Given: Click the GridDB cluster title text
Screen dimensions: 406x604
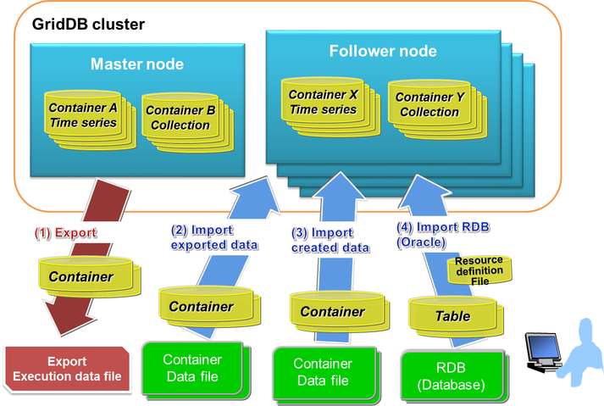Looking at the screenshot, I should pyautogui.click(x=88, y=23).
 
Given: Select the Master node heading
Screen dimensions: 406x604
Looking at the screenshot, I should pyautogui.click(x=136, y=64).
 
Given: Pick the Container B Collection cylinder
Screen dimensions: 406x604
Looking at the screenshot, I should pyautogui.click(x=179, y=118).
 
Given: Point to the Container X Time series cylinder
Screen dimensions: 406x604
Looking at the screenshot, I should pyautogui.click(x=323, y=103).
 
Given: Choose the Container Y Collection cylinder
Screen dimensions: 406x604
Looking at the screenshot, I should pyautogui.click(x=429, y=104).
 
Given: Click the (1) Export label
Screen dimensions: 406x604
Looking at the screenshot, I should pyautogui.click(x=66, y=231).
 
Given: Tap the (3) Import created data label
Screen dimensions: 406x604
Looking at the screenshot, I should pyautogui.click(x=330, y=240).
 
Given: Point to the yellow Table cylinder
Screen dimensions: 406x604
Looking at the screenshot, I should pyautogui.click(x=452, y=315).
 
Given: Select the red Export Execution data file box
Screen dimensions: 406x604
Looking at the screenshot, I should pyautogui.click(x=66, y=370).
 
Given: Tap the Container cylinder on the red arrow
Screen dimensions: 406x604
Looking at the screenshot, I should pyautogui.click(x=80, y=275).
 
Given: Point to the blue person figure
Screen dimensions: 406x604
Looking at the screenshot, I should pyautogui.click(x=582, y=348).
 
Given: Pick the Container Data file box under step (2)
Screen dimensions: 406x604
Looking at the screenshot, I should pyautogui.click(x=191, y=369).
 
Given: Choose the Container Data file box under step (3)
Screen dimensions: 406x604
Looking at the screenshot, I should pyautogui.click(x=323, y=372).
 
